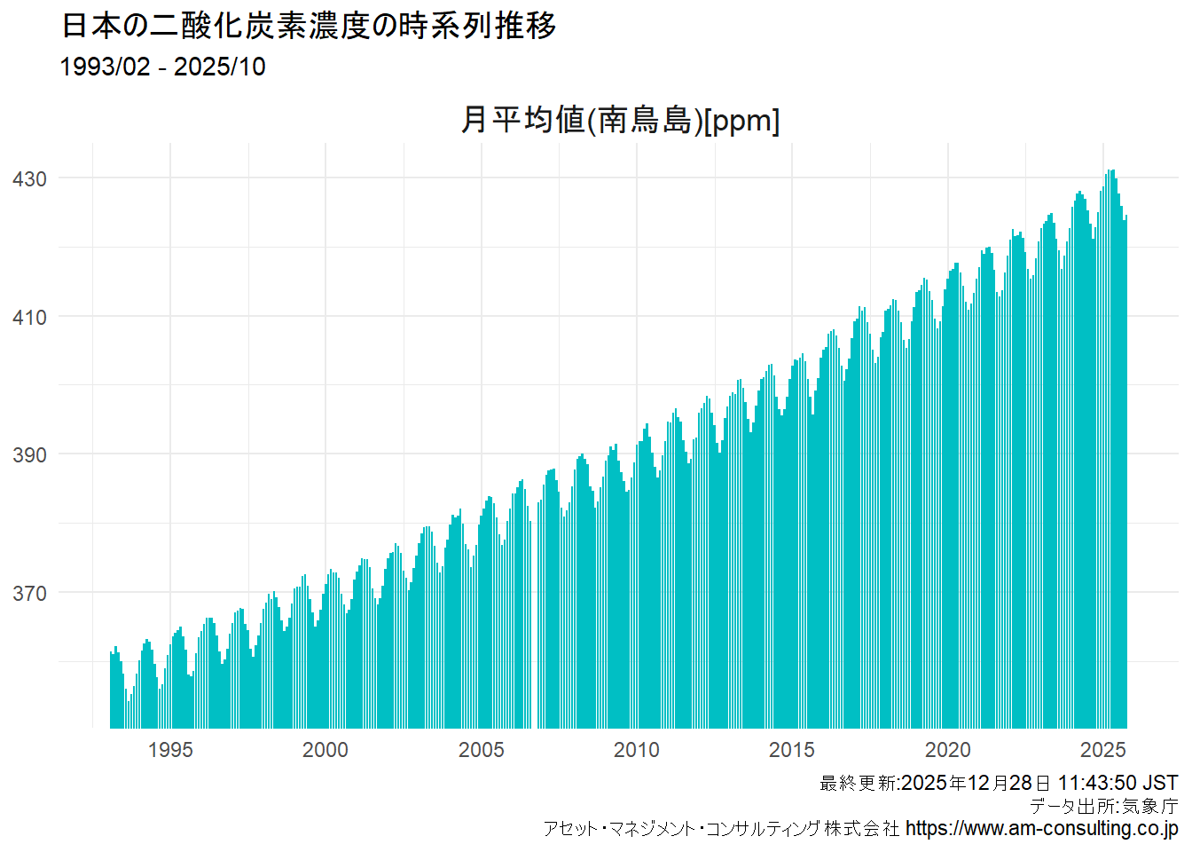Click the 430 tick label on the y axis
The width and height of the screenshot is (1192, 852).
click(29, 179)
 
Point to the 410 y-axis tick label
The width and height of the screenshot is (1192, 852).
click(29, 318)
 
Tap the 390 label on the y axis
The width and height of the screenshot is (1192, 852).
click(29, 455)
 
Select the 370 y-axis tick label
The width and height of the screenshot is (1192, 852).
click(29, 594)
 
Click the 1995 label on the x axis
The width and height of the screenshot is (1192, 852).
click(170, 750)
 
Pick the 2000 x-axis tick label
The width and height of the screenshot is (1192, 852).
click(325, 750)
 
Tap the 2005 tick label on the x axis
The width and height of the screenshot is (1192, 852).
click(481, 750)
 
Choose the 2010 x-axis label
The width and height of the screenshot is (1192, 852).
click(637, 750)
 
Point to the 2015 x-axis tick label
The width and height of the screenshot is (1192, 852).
click(792, 750)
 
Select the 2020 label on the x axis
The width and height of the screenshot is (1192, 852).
click(948, 750)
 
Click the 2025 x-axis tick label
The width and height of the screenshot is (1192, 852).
click(1103, 750)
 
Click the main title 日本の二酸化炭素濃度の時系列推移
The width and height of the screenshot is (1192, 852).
click(309, 26)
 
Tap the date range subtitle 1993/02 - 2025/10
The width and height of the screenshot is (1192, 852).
click(162, 67)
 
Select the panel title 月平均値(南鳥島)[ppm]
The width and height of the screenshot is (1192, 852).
click(620, 120)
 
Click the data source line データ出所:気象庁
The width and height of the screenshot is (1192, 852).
click(1103, 806)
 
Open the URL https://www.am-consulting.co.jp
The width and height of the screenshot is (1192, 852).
click(1042, 829)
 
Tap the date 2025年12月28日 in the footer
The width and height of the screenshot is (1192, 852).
click(976, 783)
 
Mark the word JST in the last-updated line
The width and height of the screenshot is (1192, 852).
click(1160, 783)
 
